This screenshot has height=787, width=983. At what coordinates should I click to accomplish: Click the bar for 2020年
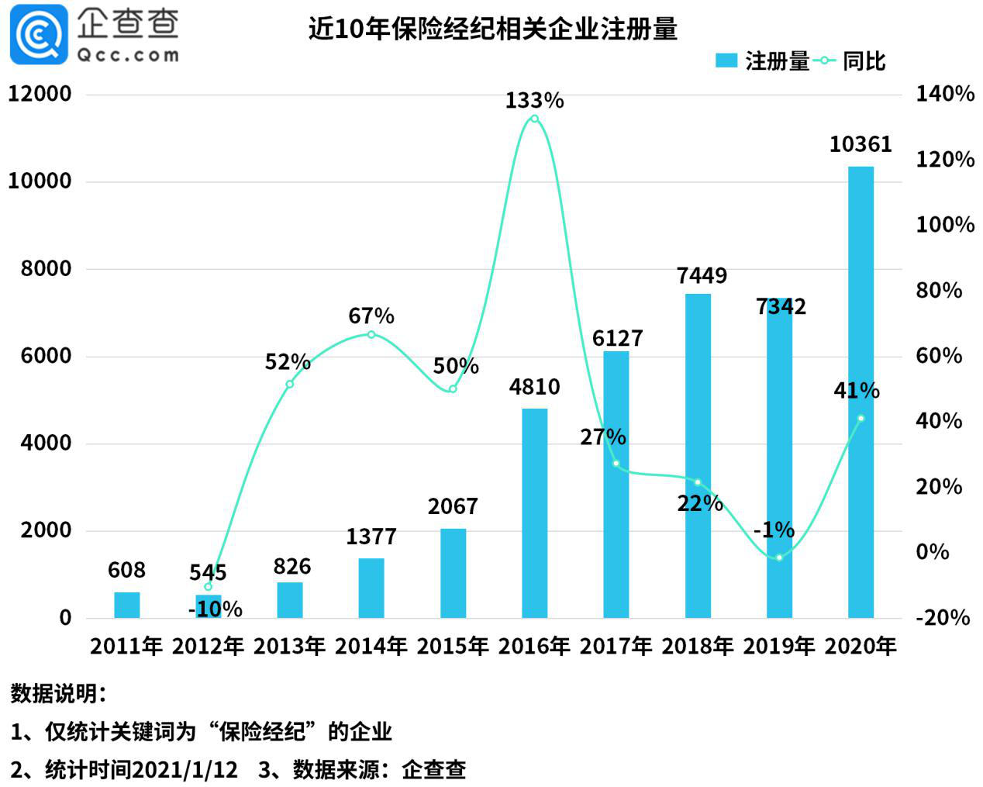tap(861, 392)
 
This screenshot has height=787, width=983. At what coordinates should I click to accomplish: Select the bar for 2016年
tap(534, 513)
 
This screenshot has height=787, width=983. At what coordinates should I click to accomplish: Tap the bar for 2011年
tap(126, 605)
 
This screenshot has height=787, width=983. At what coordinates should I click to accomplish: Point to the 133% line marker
tap(534, 119)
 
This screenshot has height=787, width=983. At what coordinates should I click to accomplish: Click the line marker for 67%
tap(371, 334)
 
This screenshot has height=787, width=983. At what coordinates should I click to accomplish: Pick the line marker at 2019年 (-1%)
tap(779, 557)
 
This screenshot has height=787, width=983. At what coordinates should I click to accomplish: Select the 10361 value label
tap(861, 144)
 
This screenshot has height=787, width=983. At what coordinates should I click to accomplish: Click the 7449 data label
tap(702, 275)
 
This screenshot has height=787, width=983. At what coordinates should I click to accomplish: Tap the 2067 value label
tap(453, 506)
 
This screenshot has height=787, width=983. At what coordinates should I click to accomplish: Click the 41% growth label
tap(856, 390)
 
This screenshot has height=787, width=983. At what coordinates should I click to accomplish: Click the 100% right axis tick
tap(944, 225)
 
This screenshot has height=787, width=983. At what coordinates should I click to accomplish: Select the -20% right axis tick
tap(943, 618)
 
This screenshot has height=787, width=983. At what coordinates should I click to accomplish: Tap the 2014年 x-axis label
tap(371, 646)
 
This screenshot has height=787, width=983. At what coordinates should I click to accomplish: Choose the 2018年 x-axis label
tap(697, 646)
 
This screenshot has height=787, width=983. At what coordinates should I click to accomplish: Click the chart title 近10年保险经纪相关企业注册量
tap(493, 29)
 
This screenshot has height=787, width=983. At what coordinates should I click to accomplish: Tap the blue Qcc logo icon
tap(39, 34)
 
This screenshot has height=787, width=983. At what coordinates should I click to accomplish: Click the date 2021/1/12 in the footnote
tap(185, 769)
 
